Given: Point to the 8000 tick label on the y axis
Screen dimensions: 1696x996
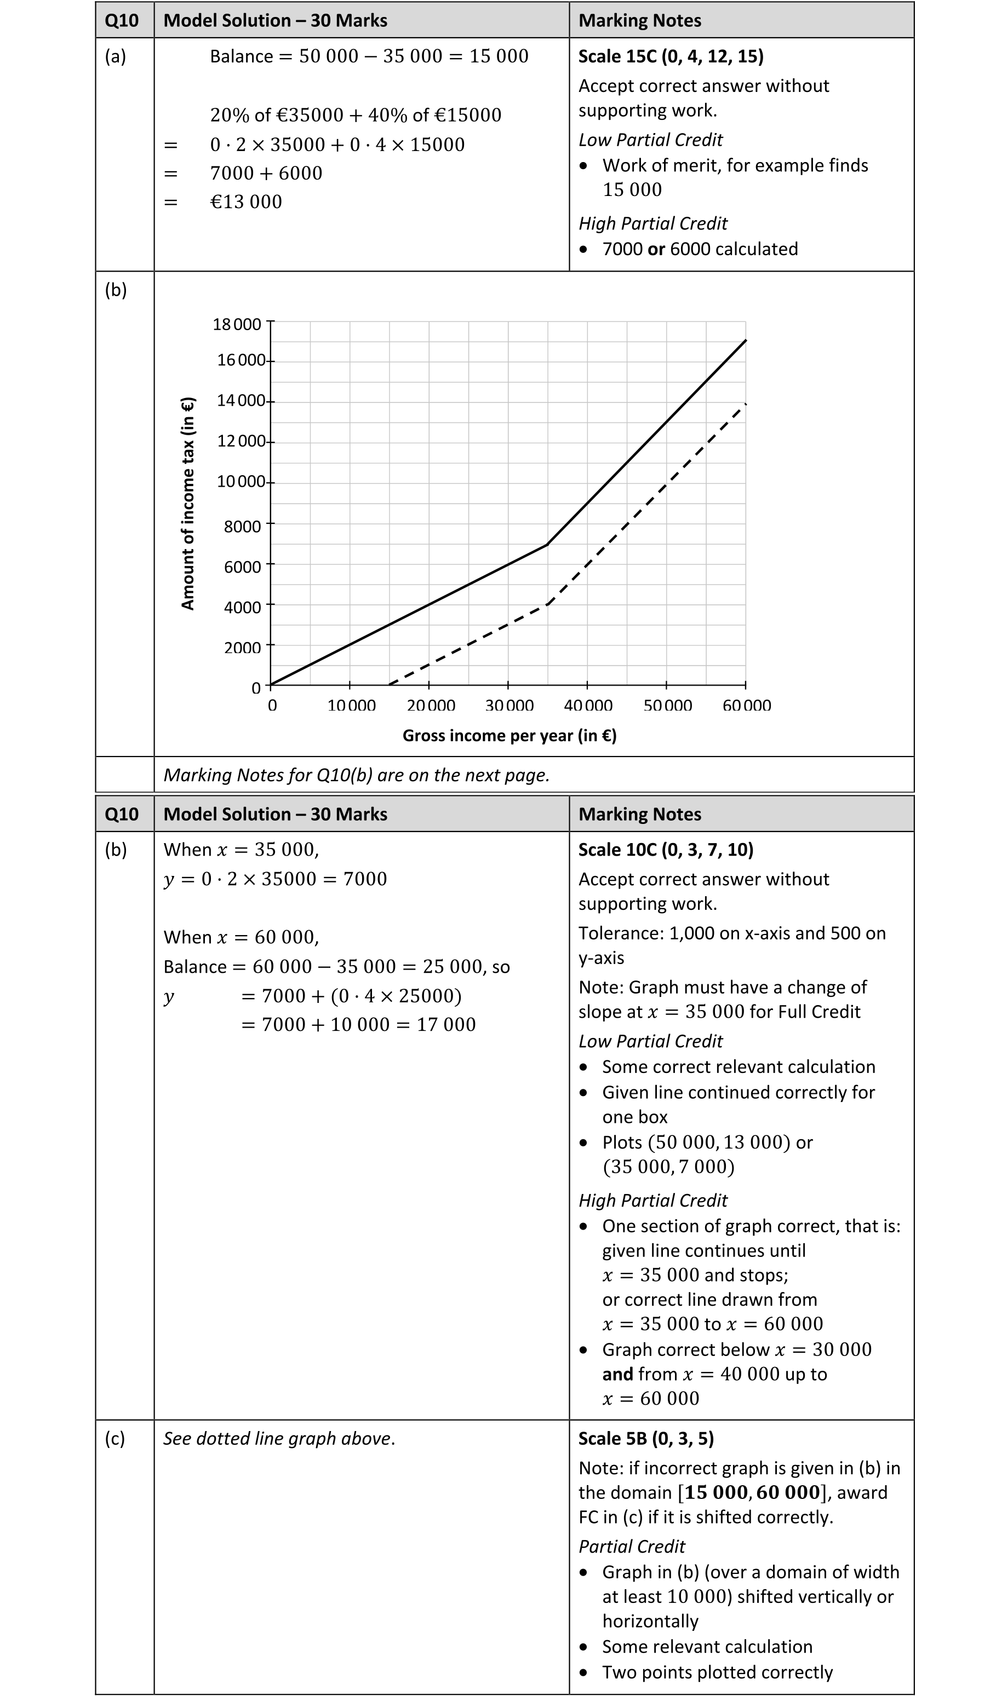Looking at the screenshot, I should [243, 526].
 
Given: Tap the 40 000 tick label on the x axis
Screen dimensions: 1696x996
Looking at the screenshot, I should [588, 705].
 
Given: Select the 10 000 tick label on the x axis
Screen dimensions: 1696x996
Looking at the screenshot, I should [351, 705].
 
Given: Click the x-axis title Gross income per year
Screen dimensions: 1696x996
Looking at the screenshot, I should [509, 736].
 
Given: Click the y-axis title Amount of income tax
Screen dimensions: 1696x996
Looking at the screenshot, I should [188, 504].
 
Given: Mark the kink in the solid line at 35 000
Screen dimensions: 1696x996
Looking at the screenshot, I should [547, 545].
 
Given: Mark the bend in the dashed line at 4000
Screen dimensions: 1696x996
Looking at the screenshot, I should [548, 604].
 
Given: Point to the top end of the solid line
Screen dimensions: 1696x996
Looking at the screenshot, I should [746, 341].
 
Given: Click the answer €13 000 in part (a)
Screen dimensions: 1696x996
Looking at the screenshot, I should [246, 202].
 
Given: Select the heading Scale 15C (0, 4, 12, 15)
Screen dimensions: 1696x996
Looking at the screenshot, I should [671, 56].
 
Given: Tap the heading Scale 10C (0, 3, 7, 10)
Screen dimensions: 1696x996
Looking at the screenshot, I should [665, 850].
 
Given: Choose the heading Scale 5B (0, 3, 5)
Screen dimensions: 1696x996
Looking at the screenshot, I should [646, 1438].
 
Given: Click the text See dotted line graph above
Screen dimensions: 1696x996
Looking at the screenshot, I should [279, 1438].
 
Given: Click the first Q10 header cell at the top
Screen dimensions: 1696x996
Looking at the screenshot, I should [122, 21].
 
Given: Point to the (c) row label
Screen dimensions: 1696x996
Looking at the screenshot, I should [115, 1438].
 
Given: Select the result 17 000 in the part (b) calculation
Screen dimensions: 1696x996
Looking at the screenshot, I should [446, 1024].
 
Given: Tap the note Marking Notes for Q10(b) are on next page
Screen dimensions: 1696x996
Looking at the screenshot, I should [356, 775].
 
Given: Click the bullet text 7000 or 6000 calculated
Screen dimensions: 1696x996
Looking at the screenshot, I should [700, 249].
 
